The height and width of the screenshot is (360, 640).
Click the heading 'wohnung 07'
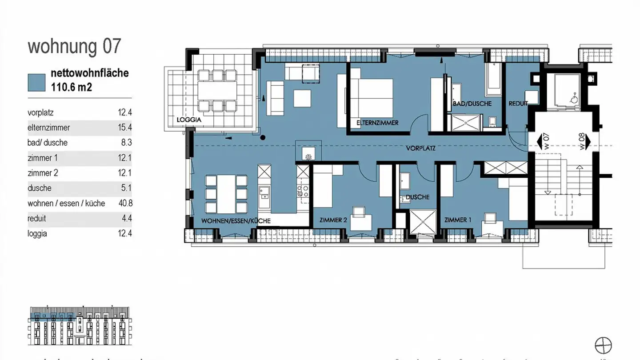click(x=74, y=47)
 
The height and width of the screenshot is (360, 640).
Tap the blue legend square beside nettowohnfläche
click(x=36, y=82)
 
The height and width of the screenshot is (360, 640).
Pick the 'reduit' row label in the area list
click(x=37, y=218)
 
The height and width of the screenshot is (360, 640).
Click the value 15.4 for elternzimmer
click(x=124, y=128)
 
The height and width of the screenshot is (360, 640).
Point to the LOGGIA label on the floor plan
click(x=189, y=120)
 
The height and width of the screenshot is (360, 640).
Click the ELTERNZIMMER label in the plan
click(x=377, y=123)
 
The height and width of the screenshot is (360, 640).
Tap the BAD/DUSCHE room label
click(x=472, y=104)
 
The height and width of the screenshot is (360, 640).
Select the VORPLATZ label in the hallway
click(x=420, y=148)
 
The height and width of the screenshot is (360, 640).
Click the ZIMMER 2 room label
click(x=333, y=220)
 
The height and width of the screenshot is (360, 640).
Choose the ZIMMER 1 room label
click(x=458, y=220)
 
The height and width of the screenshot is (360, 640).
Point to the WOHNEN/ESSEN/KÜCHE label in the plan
click(x=236, y=221)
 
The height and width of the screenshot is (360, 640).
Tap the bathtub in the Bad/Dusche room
click(x=493, y=80)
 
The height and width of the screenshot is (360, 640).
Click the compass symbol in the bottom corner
click(x=603, y=345)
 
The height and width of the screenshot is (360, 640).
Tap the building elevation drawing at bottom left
click(x=79, y=326)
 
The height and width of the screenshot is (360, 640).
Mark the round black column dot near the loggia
click(x=263, y=138)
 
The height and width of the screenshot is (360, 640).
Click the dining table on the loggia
click(x=218, y=91)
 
